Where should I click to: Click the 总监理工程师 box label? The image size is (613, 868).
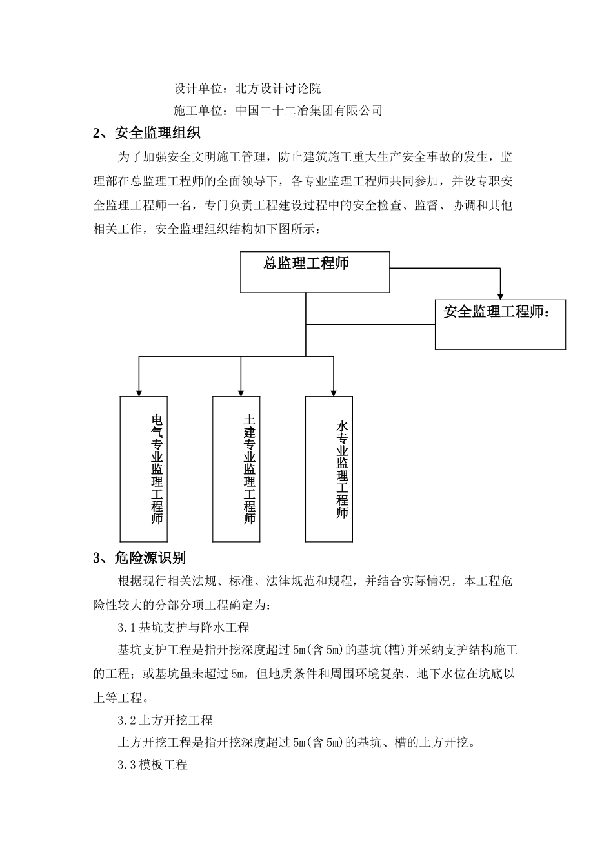click(306, 263)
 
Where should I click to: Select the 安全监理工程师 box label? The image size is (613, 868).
click(497, 312)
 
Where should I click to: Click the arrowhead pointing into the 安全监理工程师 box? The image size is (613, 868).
click(500, 294)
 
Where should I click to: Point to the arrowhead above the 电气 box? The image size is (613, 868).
click(138, 391)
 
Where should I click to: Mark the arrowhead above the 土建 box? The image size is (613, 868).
click(241, 391)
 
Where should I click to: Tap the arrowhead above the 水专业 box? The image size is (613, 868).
click(333, 391)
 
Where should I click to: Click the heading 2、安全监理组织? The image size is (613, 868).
click(147, 134)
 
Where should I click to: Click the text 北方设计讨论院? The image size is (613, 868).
click(279, 88)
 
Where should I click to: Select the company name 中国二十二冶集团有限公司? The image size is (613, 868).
click(309, 110)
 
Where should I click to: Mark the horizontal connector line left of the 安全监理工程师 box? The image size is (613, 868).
click(370, 324)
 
